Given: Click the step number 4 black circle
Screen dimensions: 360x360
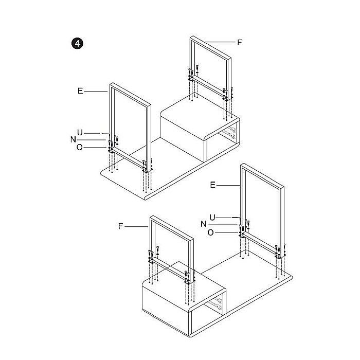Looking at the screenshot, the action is pos(77,43).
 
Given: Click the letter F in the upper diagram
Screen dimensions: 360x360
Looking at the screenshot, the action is pos(240,43).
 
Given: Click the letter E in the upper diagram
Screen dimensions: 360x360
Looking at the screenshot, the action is pos(80,91).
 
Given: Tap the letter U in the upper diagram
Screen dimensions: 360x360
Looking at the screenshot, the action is pos(80,133).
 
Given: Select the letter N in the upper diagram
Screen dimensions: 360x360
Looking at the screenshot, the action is pos(73,139).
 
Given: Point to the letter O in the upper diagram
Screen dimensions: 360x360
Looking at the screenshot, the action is pos(79,147).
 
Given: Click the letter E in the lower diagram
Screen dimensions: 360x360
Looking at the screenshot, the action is pos(213,185).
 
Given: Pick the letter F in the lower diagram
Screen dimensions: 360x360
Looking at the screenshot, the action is pos(120,226).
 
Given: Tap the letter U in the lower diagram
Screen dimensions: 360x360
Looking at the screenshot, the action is pos(212,217).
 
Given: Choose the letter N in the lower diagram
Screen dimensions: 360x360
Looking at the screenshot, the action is pos(204,224).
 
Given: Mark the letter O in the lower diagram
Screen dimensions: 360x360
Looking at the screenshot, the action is pos(210,232).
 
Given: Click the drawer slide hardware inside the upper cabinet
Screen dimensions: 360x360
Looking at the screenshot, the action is pos(229,133).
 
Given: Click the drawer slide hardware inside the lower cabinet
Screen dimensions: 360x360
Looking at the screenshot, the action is pos(215,303).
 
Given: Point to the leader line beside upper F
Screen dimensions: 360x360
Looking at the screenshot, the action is pos(220,42).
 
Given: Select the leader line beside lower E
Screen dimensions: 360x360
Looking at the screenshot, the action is pos(228,185).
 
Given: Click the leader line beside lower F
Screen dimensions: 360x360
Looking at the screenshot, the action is pos(137,227).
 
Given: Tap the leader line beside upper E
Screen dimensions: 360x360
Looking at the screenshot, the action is pos(96,92).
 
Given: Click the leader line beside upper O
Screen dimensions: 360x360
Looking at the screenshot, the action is pos(96,148).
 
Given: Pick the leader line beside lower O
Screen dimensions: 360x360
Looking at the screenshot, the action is pos(227,232).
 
